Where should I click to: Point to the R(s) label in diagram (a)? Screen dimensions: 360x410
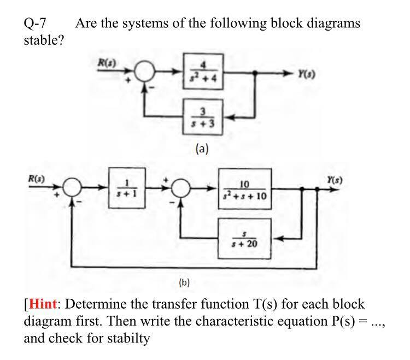click(x=104, y=61)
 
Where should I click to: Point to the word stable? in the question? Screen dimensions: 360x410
click(x=44, y=41)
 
